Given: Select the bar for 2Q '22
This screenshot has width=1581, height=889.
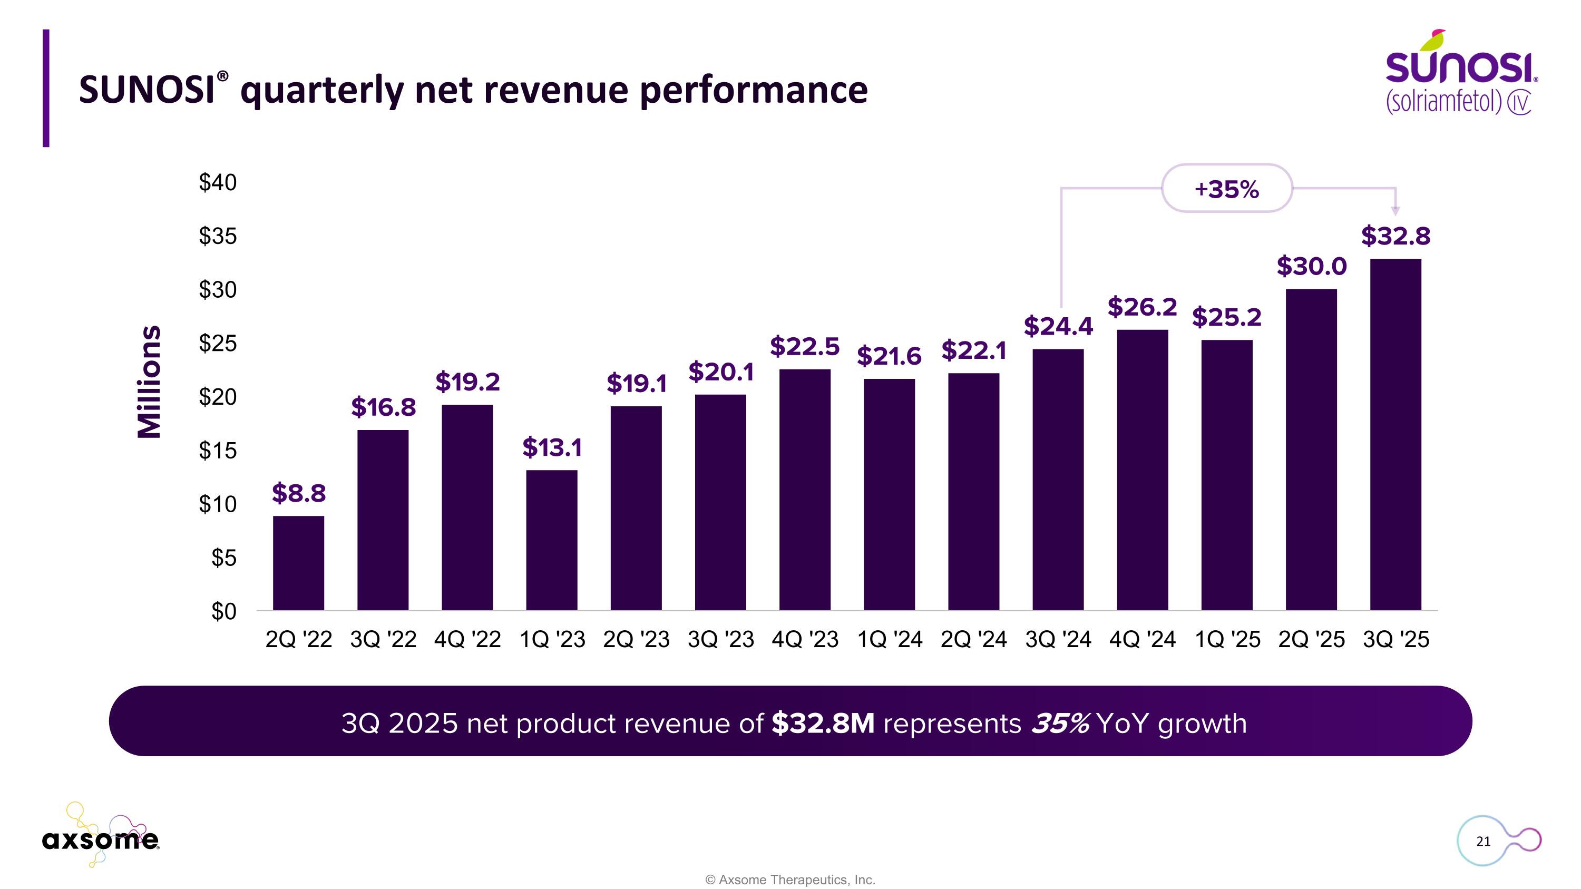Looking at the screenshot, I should click(x=298, y=563).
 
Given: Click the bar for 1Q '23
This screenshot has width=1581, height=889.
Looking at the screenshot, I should click(x=551, y=540).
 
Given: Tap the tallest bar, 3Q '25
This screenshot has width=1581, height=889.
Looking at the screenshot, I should click(x=1395, y=434).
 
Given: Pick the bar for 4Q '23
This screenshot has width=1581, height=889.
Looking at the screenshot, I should click(x=805, y=490).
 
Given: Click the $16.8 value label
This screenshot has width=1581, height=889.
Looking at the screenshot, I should click(x=383, y=407).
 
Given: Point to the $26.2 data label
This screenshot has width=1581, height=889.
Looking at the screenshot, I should click(x=1141, y=307).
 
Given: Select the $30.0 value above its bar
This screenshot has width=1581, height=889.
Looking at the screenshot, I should click(x=1311, y=266).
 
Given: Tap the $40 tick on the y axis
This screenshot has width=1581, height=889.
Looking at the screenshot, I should click(x=217, y=182).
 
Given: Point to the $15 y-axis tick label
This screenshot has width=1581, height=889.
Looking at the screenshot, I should click(x=217, y=451).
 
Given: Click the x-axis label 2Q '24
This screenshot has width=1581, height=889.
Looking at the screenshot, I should click(x=973, y=640).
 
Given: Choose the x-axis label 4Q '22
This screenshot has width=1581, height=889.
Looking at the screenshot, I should click(x=467, y=640).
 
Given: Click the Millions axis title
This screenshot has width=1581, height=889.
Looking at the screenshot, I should click(x=149, y=382).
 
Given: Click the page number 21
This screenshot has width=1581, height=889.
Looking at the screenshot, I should click(x=1483, y=841).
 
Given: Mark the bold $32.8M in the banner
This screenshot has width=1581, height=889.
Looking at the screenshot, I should click(x=823, y=724).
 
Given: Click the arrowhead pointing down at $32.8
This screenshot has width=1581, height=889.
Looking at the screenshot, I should click(x=1395, y=211).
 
